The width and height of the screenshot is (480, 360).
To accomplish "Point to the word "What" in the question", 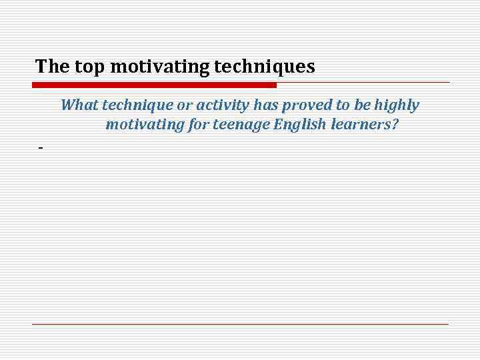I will click(x=79, y=105).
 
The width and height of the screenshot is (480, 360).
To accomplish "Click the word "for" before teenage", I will click(x=197, y=125).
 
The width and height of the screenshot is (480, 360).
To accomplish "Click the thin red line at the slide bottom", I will click(x=240, y=324).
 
